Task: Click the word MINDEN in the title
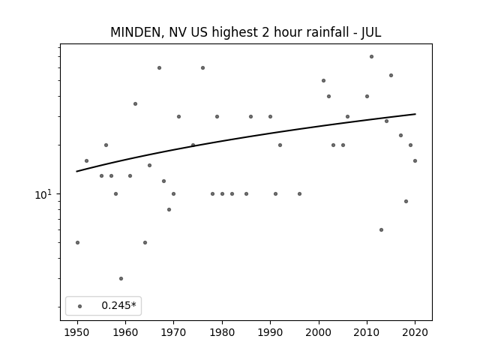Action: (x=136, y=32)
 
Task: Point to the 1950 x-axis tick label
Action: (x=77, y=332)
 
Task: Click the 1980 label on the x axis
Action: (x=222, y=332)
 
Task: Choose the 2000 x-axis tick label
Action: (x=319, y=332)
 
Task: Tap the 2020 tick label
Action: (x=415, y=332)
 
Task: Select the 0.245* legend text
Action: (x=118, y=305)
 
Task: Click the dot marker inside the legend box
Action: (x=80, y=306)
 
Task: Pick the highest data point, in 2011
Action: (x=372, y=57)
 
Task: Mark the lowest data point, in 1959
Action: (x=121, y=278)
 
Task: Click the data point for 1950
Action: (x=78, y=243)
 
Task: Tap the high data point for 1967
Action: (x=160, y=68)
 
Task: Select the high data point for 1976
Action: (x=203, y=68)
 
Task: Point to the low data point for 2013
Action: (x=382, y=230)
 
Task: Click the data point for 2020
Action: (x=415, y=161)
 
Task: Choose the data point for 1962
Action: (x=135, y=104)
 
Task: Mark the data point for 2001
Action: (x=323, y=81)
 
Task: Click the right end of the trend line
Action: (x=415, y=114)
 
